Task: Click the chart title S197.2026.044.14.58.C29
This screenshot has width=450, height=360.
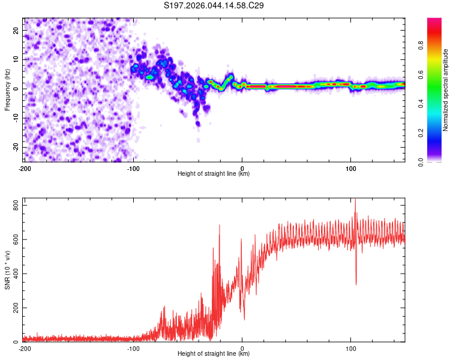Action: point(214,6)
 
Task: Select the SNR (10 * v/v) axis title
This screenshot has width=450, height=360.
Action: point(8,270)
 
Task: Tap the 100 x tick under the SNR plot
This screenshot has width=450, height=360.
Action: point(351,348)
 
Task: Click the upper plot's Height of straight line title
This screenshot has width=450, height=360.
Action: point(214,174)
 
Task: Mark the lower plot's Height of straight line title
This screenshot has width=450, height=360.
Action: point(214,355)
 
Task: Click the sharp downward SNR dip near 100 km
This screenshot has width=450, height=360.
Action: point(356,283)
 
